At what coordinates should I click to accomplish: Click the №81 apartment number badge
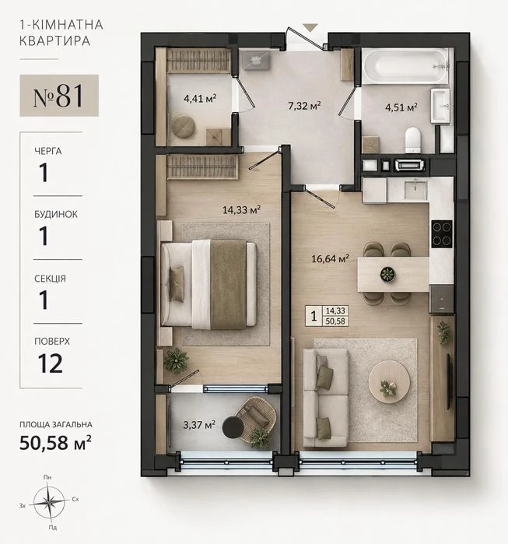click(59, 96)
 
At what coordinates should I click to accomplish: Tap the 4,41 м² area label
click(200, 99)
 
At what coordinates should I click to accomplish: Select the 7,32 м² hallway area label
click(304, 105)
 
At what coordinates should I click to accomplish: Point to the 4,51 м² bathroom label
click(401, 107)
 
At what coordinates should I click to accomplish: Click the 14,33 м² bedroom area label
click(241, 209)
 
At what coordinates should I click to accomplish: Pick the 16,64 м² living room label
click(330, 258)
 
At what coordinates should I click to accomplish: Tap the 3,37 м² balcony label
click(199, 425)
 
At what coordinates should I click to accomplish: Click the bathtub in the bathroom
click(406, 66)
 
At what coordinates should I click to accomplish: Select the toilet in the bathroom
click(412, 140)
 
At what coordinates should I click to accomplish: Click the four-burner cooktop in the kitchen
click(442, 233)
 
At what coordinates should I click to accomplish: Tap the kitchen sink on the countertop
click(415, 189)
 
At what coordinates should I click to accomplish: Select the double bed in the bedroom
click(208, 284)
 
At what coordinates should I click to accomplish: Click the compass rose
click(50, 503)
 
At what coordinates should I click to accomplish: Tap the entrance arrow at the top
click(310, 27)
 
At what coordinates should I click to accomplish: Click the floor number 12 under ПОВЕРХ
click(51, 363)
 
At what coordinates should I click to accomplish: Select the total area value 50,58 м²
click(55, 442)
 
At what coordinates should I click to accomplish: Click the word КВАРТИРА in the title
click(54, 41)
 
